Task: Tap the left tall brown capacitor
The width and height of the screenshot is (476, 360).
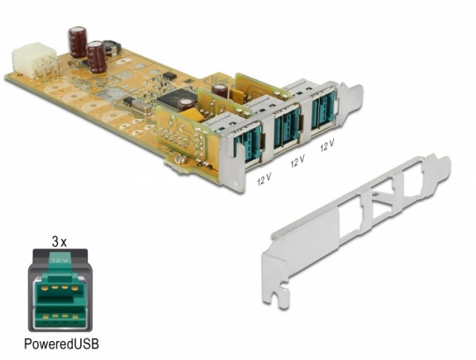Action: tap(78, 41)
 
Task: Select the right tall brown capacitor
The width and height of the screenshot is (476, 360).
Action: tap(97, 56)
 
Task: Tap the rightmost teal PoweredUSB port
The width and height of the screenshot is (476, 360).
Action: tap(322, 112)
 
